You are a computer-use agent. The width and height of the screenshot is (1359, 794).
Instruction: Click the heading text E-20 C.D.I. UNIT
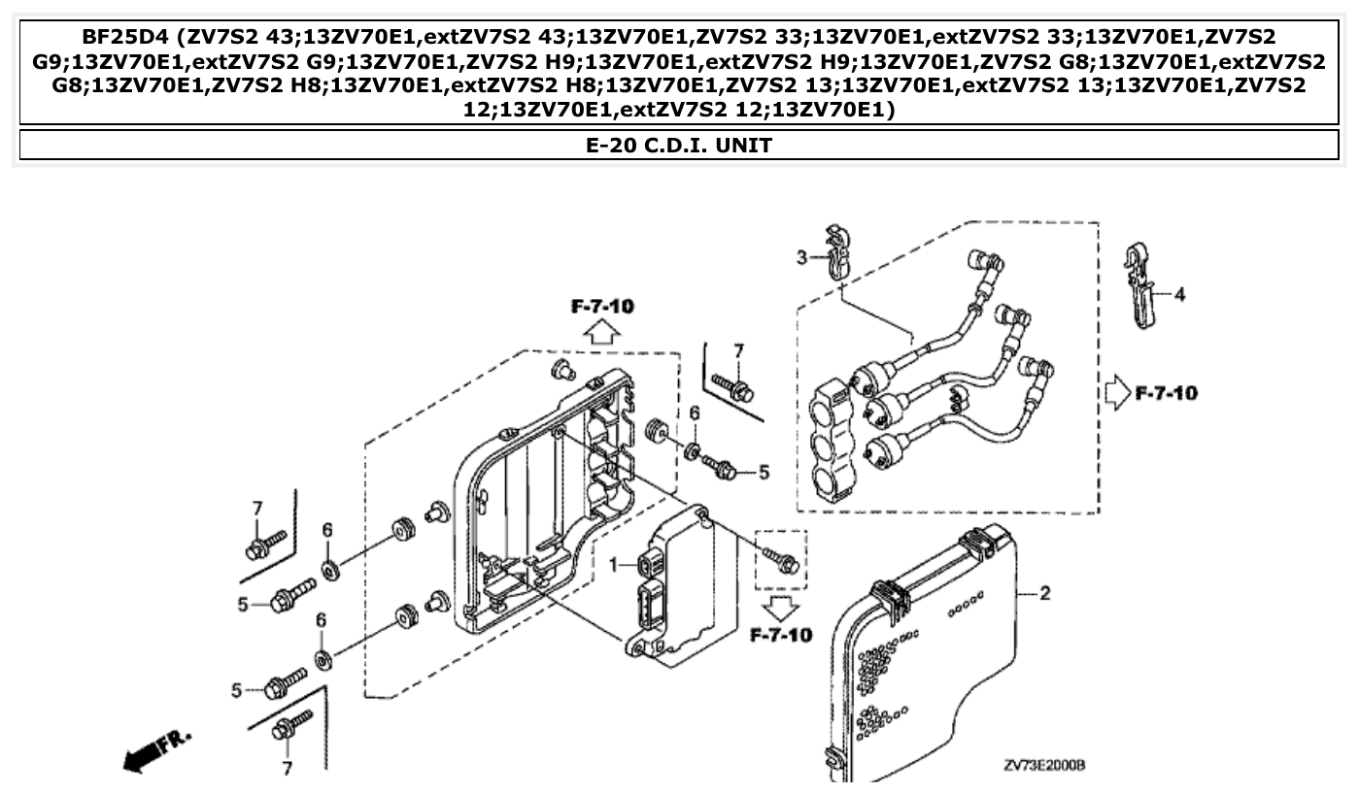[679, 146]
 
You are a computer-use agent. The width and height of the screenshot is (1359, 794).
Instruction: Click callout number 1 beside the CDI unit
[614, 564]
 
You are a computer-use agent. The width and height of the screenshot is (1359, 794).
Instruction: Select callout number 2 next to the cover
[1045, 593]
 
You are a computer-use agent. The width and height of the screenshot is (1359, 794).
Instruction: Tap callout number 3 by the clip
[802, 257]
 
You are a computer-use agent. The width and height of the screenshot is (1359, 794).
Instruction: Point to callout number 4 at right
[1179, 294]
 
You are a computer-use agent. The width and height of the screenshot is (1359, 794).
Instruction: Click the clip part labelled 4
[1139, 281]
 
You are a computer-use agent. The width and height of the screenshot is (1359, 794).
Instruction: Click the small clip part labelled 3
[835, 249]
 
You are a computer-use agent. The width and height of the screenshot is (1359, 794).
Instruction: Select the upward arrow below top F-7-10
[602, 333]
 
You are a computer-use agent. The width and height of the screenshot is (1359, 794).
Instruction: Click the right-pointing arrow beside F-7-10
[1117, 394]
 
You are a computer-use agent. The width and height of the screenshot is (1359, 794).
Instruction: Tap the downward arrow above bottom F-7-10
[780, 608]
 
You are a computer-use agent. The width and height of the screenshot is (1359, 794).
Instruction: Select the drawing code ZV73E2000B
[1044, 765]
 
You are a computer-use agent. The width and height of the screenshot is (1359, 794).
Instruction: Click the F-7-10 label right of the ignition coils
[1166, 394]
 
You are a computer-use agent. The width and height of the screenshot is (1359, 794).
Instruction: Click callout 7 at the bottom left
[288, 769]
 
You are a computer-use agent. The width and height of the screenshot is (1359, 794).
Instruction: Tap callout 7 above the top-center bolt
[738, 350]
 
